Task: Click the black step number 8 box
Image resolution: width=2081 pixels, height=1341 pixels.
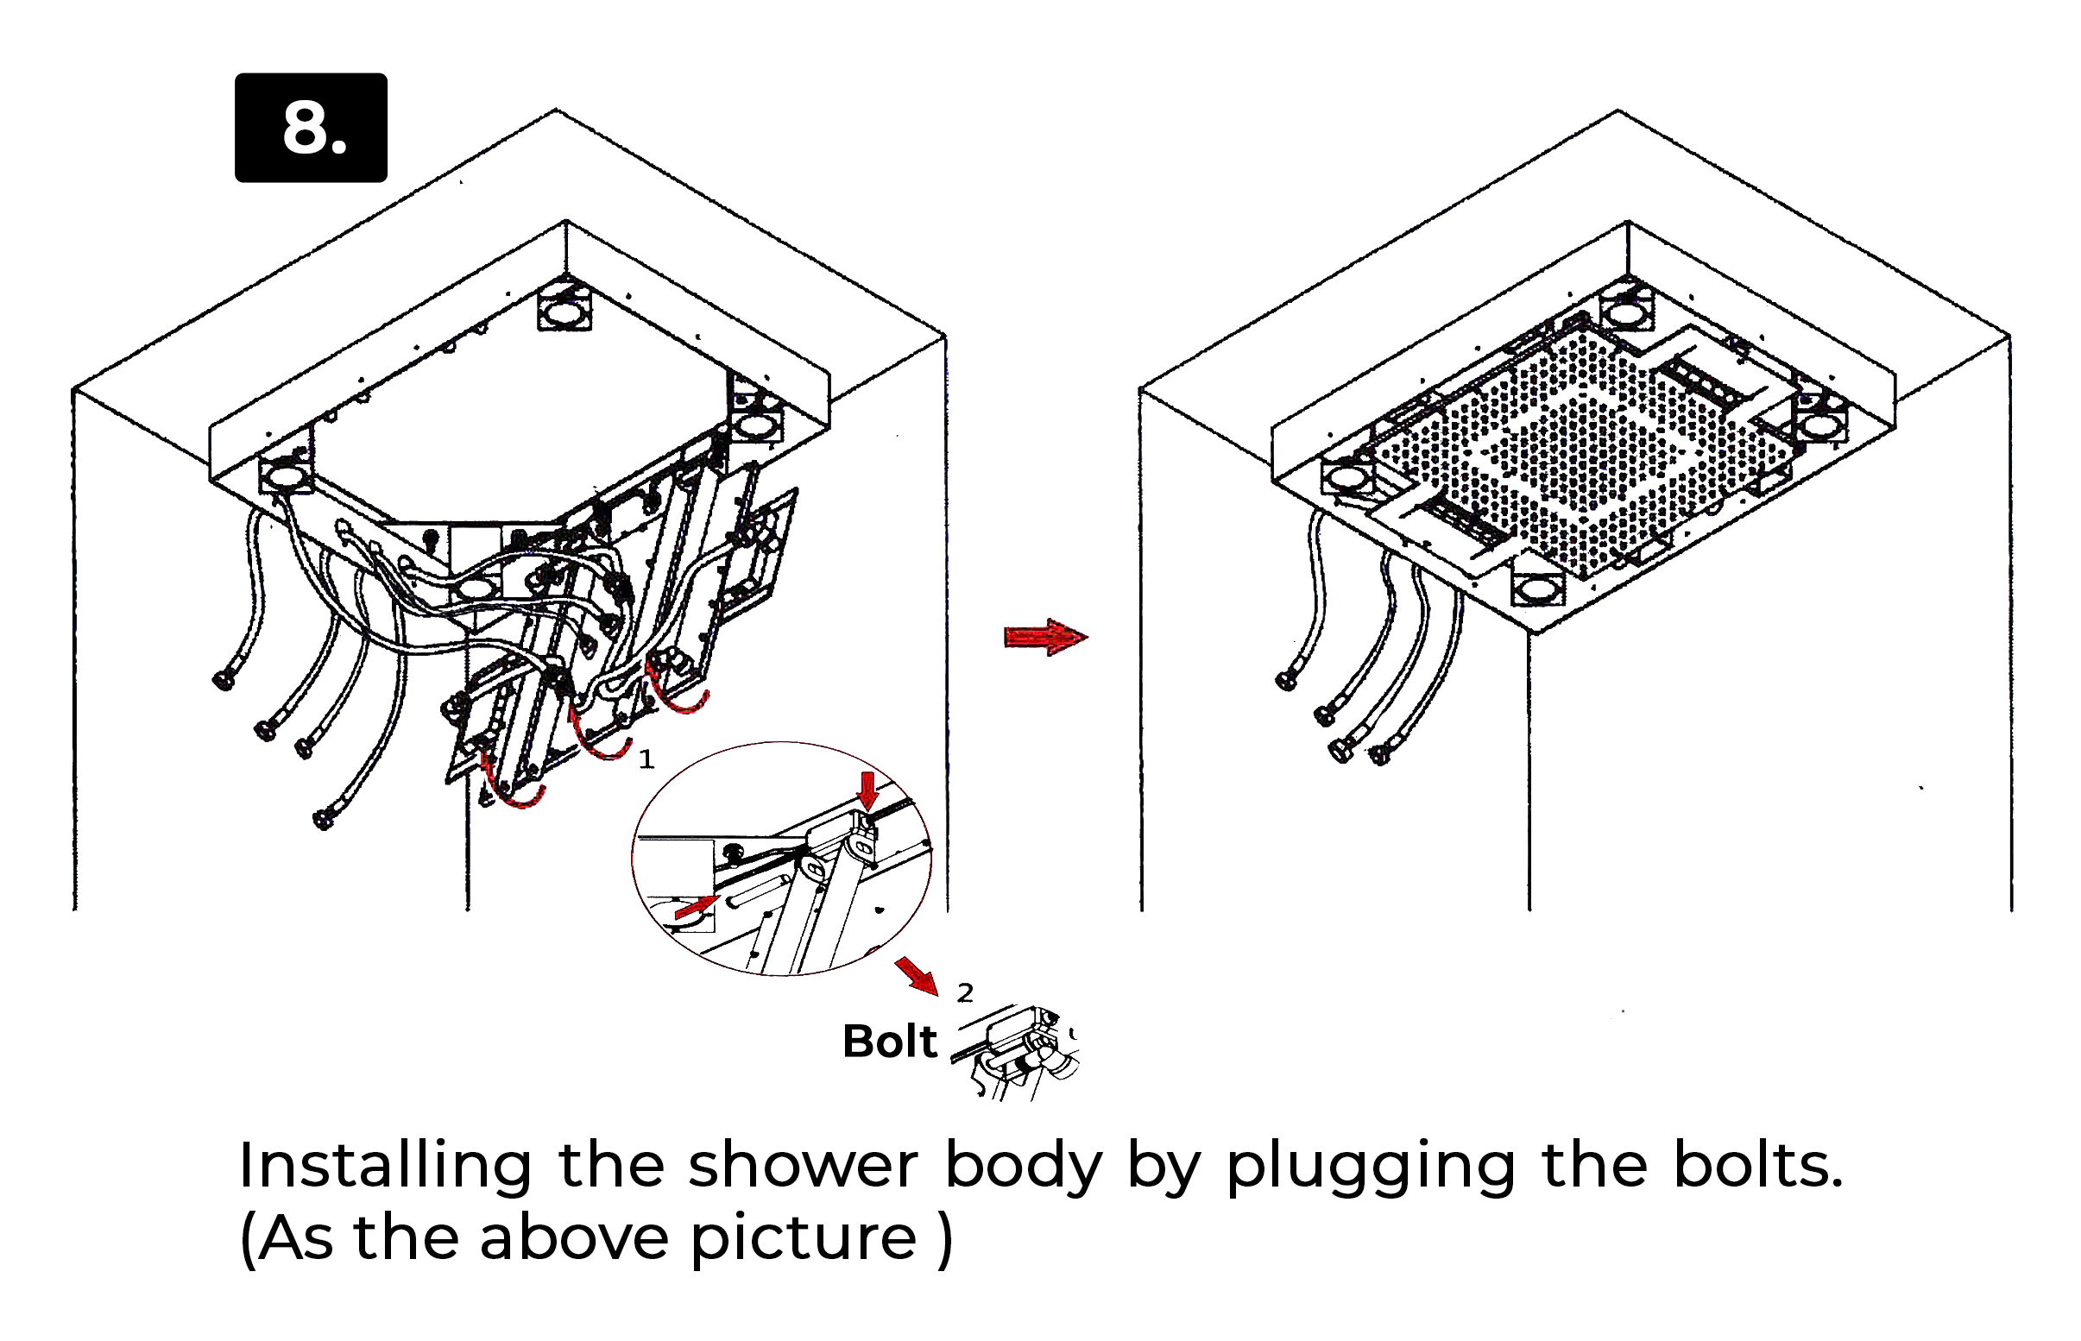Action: coord(311,127)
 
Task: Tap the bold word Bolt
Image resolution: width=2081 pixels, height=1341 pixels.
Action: coord(889,1041)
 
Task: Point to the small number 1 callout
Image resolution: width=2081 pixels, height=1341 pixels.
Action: coord(646,759)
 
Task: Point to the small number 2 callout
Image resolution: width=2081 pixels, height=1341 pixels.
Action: coord(965,992)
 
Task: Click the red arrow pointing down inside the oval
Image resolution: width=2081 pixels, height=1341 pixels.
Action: coord(867,790)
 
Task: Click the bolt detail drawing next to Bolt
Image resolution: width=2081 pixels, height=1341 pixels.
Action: coord(1016,1052)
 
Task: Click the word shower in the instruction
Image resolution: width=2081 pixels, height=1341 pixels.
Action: coord(803,1165)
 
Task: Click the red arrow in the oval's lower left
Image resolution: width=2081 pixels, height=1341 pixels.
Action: coord(695,908)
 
